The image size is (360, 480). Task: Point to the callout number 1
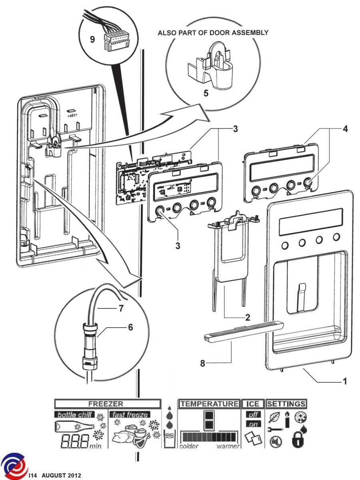[343, 381]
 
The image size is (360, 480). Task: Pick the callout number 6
[130, 327]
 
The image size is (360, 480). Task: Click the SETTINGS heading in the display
[286, 404]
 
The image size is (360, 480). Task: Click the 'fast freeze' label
[129, 414]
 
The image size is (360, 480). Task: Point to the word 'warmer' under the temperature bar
[228, 446]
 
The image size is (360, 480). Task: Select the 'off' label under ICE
[252, 415]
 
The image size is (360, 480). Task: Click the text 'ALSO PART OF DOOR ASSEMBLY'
[213, 33]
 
